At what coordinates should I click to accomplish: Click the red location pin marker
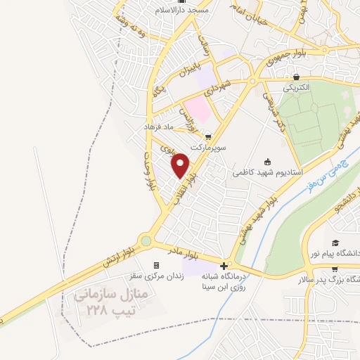(181, 165)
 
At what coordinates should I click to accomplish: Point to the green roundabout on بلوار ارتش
(146, 241)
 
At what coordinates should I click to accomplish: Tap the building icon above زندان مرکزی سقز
(156, 266)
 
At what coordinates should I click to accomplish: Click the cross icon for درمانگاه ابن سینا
(224, 266)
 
